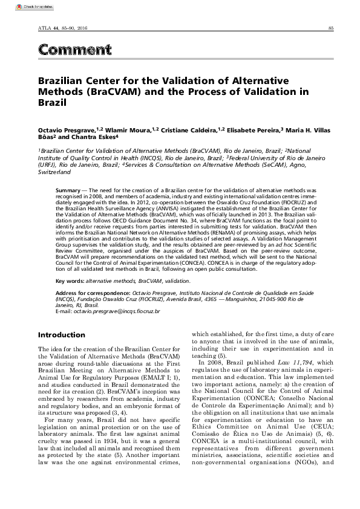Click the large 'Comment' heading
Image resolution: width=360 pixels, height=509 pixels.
74,50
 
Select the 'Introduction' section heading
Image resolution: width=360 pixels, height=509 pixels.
62,335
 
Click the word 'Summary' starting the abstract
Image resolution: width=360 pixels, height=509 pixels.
67,190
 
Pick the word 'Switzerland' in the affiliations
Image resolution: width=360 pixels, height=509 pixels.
54,172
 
